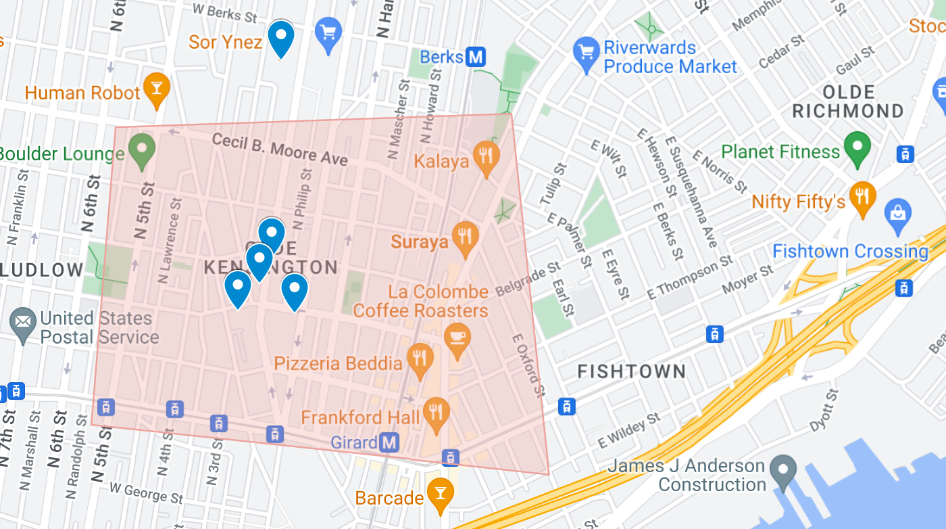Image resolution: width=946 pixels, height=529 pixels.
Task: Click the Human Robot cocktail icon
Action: pos(157,89)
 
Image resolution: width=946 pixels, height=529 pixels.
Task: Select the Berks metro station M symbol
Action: pos(476,57)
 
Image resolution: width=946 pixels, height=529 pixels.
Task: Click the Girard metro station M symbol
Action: pos(389,443)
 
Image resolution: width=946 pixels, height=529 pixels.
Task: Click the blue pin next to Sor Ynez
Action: pos(281,37)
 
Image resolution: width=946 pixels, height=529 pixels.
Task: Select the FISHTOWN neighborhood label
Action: pos(631,371)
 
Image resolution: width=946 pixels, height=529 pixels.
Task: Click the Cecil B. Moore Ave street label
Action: pos(280,149)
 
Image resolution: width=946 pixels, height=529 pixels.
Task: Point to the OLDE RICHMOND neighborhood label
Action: pos(848,101)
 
